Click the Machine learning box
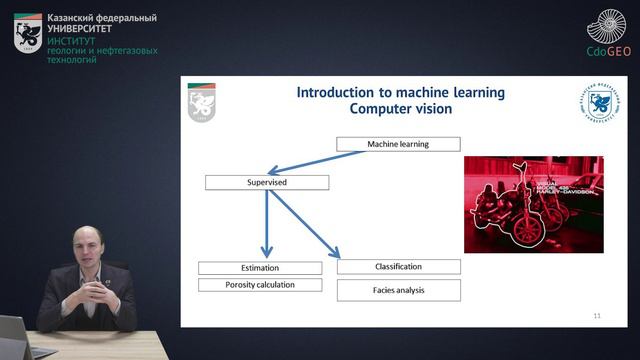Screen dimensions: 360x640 click(397, 144)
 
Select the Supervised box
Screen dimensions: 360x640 click(266, 182)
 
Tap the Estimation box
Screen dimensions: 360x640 click(260, 268)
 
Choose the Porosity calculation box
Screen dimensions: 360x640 click(260, 285)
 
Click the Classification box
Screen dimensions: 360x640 click(398, 267)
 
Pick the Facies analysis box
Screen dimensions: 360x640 click(398, 290)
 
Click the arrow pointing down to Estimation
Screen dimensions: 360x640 click(267, 225)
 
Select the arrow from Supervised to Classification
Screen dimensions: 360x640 click(305, 225)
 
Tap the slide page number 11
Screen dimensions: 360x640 click(597, 316)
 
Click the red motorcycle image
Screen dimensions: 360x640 click(519, 203)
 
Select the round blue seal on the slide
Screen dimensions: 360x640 click(599, 106)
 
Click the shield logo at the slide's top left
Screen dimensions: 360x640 click(202, 102)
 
